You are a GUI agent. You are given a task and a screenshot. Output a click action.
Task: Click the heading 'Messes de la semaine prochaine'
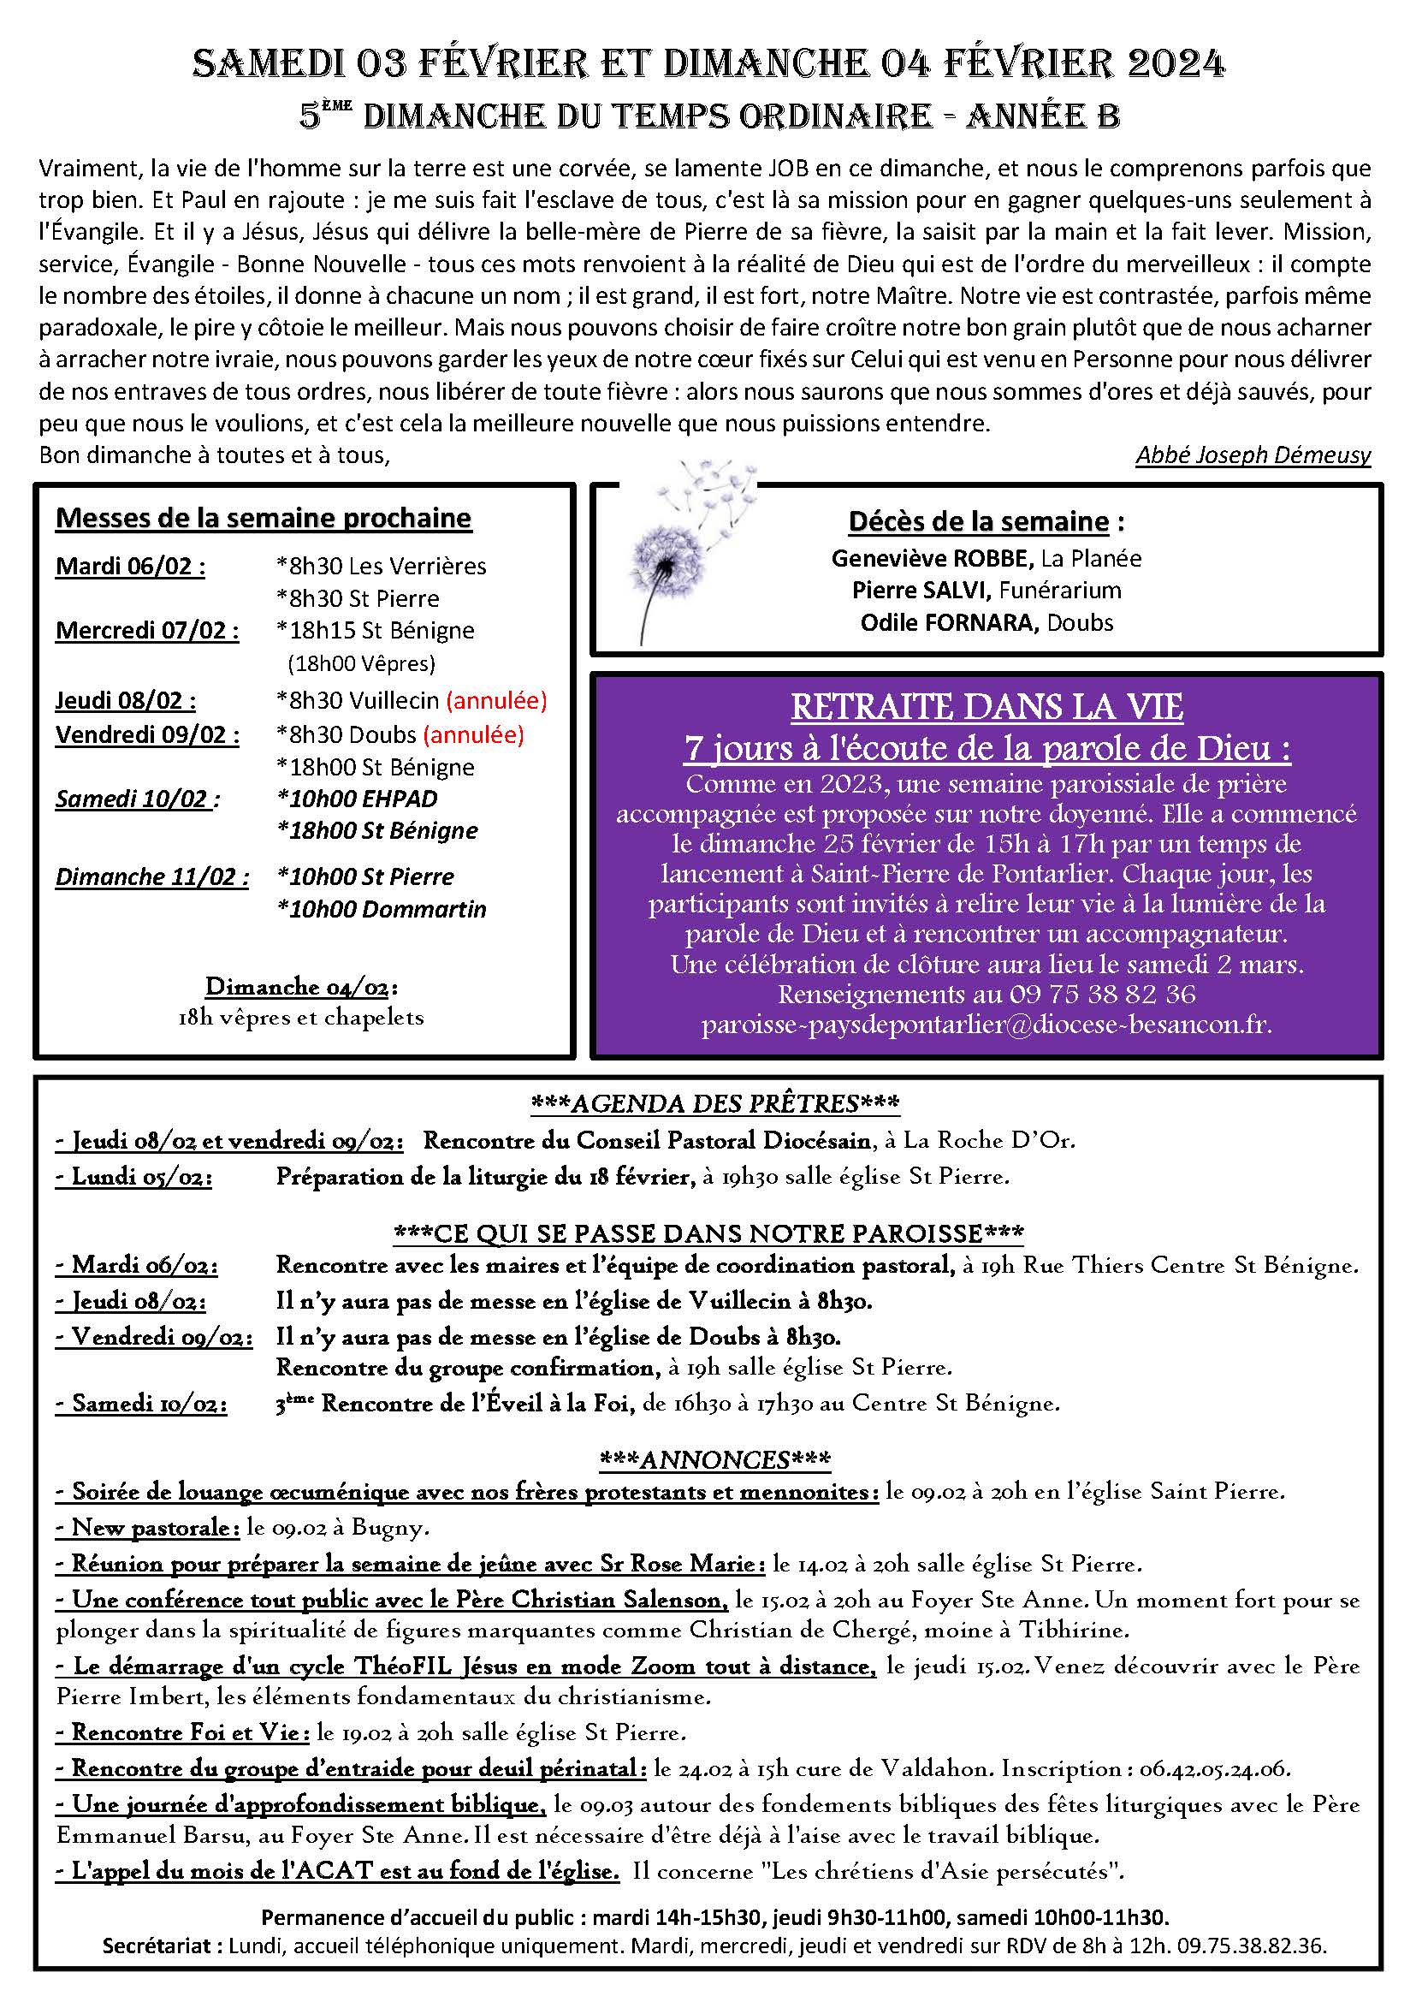pyautogui.click(x=264, y=518)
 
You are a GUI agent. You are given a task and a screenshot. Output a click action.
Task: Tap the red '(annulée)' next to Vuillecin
pyautogui.click(x=496, y=701)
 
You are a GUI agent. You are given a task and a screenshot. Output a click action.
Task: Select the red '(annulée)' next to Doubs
pyautogui.click(x=473, y=734)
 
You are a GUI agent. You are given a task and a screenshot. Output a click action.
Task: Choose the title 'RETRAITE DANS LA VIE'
pyautogui.click(x=987, y=707)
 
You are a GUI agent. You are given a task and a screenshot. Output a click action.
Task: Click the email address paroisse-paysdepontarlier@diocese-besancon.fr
pyautogui.click(x=986, y=1025)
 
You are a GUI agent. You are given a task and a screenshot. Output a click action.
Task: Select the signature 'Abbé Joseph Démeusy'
pyautogui.click(x=1252, y=455)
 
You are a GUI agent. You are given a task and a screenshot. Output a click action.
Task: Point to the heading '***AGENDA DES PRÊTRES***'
pyautogui.click(x=714, y=1103)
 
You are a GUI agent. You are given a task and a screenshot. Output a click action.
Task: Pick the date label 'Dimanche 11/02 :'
pyautogui.click(x=151, y=876)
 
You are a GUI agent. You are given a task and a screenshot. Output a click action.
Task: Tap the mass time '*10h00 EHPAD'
pyautogui.click(x=357, y=799)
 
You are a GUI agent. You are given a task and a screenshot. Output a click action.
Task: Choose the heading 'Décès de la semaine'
pyautogui.click(x=978, y=522)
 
